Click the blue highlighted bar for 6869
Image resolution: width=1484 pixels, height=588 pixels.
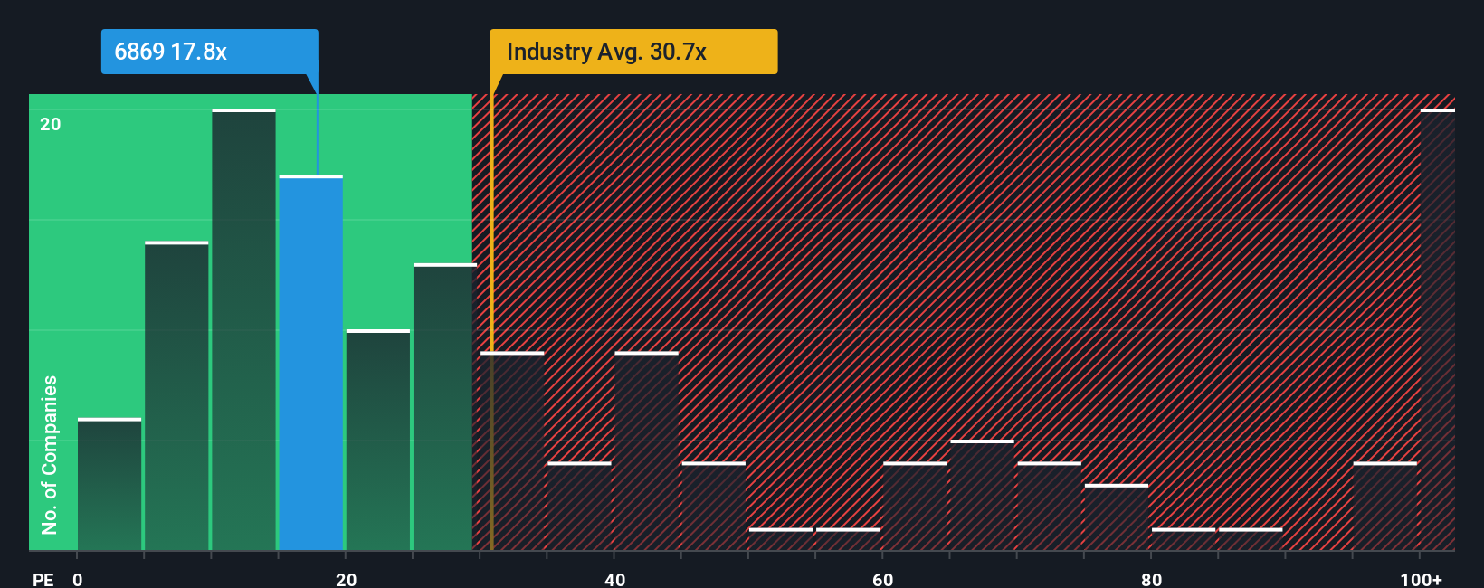click(x=310, y=362)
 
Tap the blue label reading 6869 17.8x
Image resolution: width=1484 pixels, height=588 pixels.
click(x=209, y=52)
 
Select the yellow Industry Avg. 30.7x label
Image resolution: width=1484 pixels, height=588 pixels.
click(x=633, y=52)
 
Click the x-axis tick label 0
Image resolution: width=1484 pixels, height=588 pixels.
click(x=78, y=579)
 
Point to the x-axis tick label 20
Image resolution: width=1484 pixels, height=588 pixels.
click(x=346, y=579)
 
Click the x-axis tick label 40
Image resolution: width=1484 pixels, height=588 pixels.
click(x=614, y=579)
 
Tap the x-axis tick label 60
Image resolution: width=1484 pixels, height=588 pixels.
click(x=882, y=579)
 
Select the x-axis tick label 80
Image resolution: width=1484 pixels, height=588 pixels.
click(x=1151, y=579)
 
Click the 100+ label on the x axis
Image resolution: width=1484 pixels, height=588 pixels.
click(x=1421, y=579)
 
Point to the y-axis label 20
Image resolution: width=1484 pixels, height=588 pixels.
click(x=51, y=124)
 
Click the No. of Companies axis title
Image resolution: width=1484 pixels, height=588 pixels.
click(x=50, y=454)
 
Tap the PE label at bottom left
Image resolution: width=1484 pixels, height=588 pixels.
click(x=43, y=579)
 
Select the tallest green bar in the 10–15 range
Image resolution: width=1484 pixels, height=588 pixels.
click(x=243, y=330)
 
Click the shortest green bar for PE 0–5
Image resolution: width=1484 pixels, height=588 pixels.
click(x=109, y=484)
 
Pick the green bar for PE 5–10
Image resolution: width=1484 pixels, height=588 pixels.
click(x=176, y=395)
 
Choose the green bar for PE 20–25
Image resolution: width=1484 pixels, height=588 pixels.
click(x=378, y=440)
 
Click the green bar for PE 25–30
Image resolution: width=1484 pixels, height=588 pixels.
click(x=444, y=407)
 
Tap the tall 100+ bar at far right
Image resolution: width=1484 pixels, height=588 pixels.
click(x=1437, y=330)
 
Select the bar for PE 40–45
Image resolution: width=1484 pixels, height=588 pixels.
click(x=646, y=450)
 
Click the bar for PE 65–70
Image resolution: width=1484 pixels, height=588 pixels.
click(x=982, y=495)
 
